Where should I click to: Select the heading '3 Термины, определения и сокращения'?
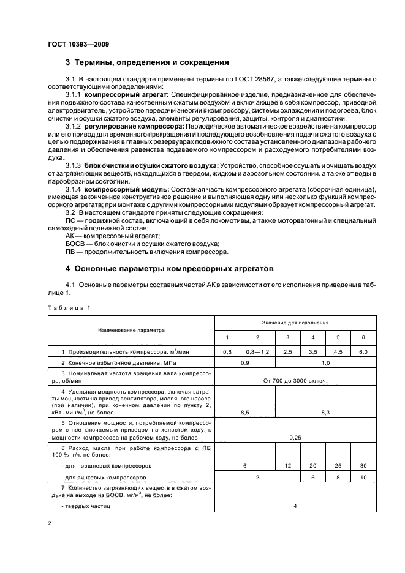[147, 62]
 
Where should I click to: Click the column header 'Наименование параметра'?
[131, 329]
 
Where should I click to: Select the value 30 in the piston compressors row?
[363, 466]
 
